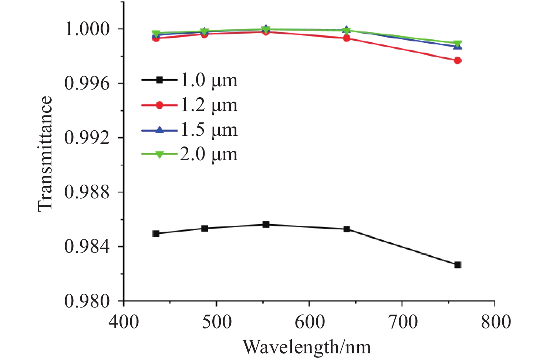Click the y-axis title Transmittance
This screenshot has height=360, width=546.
click(x=45, y=154)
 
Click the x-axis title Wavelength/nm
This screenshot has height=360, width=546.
click(x=307, y=347)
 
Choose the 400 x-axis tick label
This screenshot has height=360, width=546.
click(x=124, y=322)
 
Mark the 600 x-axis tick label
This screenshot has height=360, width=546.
click(x=309, y=322)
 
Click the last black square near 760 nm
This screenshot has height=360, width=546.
click(x=458, y=265)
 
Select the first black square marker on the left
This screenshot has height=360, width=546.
click(x=156, y=234)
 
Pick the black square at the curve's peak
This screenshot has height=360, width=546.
click(x=266, y=225)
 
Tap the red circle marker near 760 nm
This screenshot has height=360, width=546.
click(x=458, y=61)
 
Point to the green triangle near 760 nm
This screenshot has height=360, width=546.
click(x=458, y=44)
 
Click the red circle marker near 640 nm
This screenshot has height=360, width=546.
click(x=347, y=38)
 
